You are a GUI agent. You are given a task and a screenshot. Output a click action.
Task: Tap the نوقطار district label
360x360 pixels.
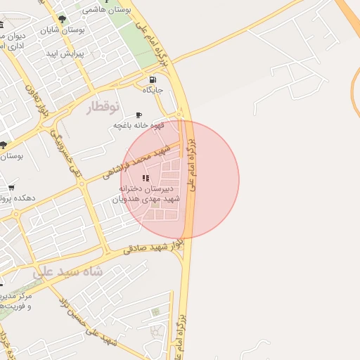click(103, 108)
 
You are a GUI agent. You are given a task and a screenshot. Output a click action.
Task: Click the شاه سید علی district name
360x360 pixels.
click(67, 271)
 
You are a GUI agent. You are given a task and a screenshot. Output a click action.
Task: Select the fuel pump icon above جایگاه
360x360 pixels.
click(153, 79)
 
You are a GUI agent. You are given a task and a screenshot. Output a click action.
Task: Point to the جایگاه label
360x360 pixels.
click(153, 91)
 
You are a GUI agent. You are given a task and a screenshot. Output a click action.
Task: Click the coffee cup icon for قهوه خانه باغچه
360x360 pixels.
click(139, 115)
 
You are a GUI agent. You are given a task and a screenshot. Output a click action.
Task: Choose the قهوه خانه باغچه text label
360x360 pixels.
click(139, 125)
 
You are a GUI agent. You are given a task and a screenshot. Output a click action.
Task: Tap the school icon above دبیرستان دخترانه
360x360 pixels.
click(146, 179)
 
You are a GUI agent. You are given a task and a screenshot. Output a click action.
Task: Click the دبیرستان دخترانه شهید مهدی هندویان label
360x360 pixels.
click(146, 194)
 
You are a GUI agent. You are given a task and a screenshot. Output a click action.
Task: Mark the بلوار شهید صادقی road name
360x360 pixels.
click(153, 247)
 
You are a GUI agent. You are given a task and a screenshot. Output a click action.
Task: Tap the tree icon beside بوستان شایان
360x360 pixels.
click(63, 20)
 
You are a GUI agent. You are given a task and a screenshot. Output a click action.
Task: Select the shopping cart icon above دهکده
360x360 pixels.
click(11, 188)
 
